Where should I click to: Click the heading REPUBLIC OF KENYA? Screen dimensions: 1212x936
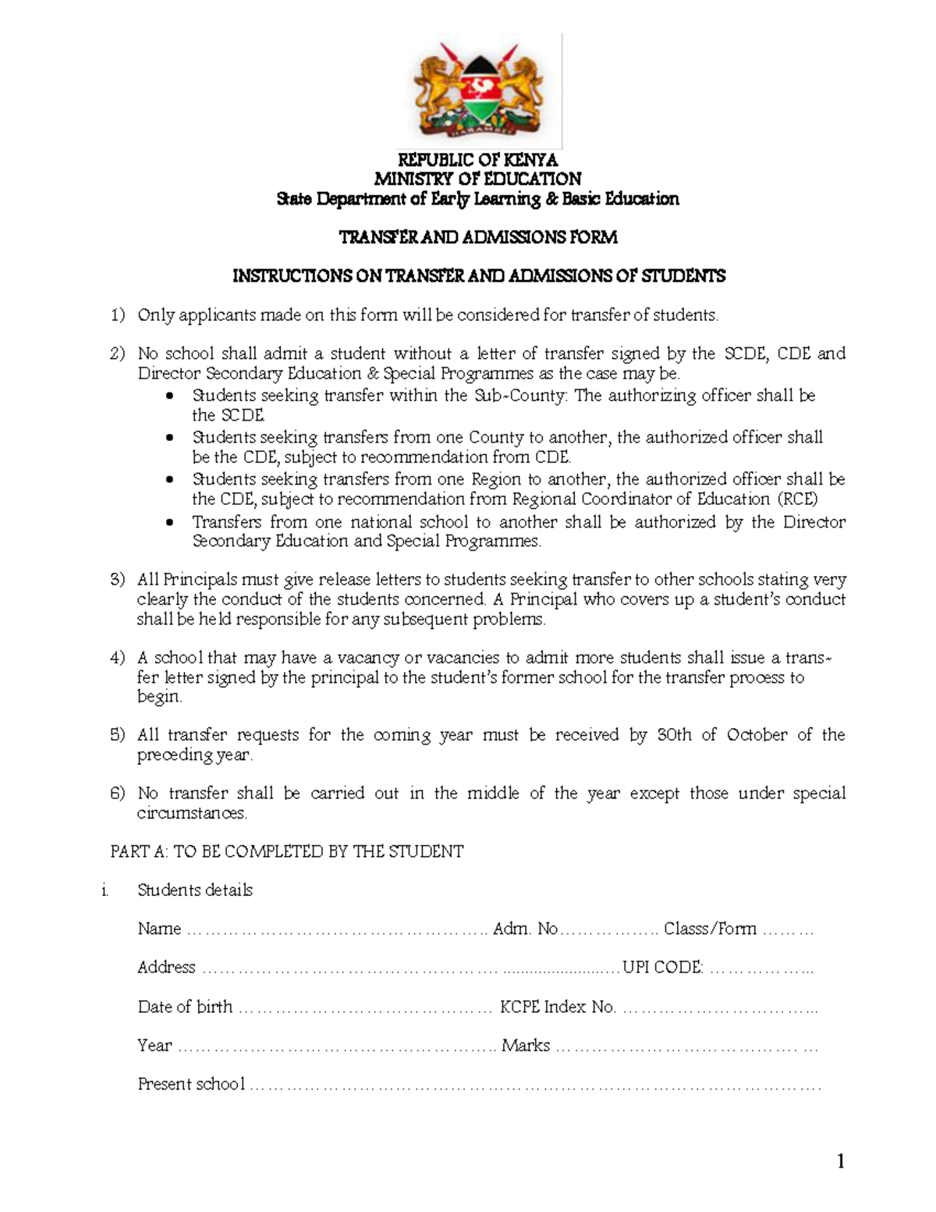pyautogui.click(x=478, y=160)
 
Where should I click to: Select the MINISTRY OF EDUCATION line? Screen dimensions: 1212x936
pyautogui.click(x=478, y=179)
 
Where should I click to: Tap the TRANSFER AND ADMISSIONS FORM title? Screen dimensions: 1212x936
pyautogui.click(x=478, y=237)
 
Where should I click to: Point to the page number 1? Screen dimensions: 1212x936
pyautogui.click(x=840, y=1162)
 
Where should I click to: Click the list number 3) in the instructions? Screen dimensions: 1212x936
pyautogui.click(x=117, y=580)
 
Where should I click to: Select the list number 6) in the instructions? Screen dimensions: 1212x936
pyautogui.click(x=117, y=794)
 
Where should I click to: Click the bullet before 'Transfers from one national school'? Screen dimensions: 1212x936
pyautogui.click(x=171, y=523)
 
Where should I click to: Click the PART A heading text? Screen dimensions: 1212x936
pyautogui.click(x=287, y=851)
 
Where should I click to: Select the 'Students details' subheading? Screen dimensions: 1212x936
pyautogui.click(x=195, y=890)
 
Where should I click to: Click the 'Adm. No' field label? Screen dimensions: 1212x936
pyautogui.click(x=526, y=929)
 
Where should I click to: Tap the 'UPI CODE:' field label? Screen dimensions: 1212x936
pyautogui.click(x=661, y=968)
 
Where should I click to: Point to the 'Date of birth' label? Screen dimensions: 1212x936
pyautogui.click(x=185, y=1007)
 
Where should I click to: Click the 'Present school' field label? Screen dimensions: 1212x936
pyautogui.click(x=191, y=1084)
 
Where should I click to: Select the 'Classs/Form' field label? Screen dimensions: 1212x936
pyautogui.click(x=710, y=929)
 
